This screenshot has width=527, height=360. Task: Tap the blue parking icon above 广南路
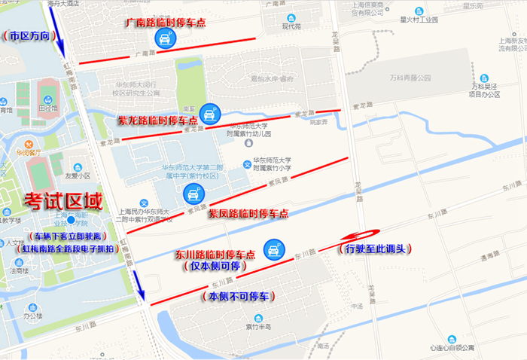tap(163, 39)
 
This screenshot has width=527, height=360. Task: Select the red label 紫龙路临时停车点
tap(157, 121)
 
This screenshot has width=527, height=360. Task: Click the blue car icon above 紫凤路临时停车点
tap(193, 195)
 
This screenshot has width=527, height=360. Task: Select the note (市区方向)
tap(28, 35)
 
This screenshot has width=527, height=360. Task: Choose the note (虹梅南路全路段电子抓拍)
tap(70, 249)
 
